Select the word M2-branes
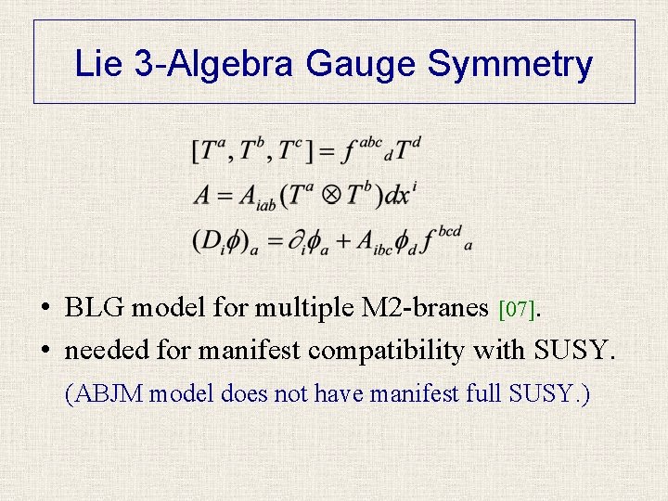[x=431, y=307]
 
